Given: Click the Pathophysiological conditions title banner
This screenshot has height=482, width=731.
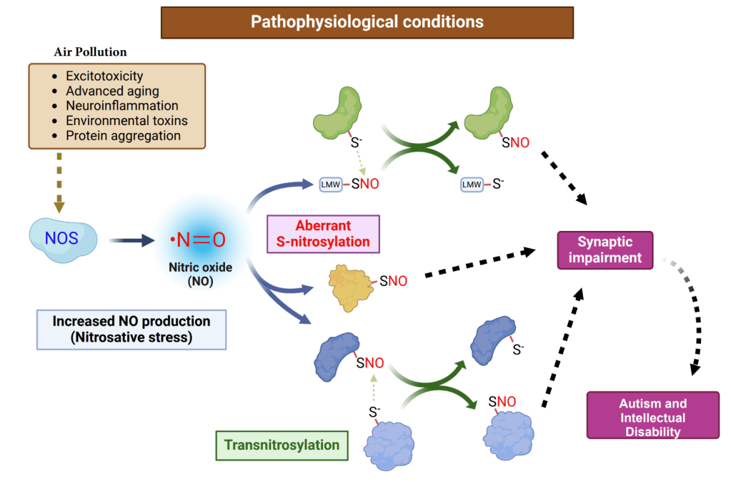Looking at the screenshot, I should [367, 21].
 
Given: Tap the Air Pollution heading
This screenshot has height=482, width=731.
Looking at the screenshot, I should [90, 52].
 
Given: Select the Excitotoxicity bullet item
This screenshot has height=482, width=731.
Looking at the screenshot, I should [104, 76].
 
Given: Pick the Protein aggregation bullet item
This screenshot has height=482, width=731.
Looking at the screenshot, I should [123, 135].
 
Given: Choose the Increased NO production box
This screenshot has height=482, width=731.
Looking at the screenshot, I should [131, 329].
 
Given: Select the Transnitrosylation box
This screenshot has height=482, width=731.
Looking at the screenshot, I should [282, 445].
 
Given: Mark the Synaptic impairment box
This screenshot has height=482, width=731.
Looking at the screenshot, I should [605, 250].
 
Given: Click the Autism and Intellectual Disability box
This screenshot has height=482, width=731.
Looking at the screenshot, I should [652, 418].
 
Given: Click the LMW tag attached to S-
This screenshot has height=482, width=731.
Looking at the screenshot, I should [472, 185].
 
